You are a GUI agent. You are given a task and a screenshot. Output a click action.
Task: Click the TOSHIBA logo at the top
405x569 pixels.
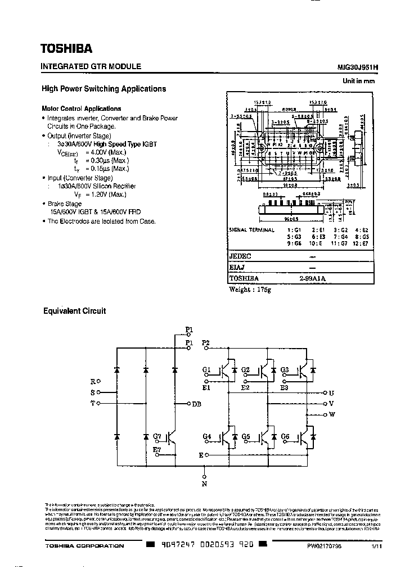coord(65,48)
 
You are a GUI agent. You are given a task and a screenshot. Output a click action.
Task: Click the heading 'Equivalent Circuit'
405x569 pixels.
coord(74,310)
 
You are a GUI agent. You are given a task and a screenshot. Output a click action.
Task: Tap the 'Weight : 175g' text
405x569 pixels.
coord(250,290)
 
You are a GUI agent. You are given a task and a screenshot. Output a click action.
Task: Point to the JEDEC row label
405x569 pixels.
coord(241,255)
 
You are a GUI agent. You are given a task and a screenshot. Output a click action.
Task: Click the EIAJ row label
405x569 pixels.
coord(237,267)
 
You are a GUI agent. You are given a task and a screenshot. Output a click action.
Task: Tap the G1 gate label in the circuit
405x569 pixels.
coord(206,369)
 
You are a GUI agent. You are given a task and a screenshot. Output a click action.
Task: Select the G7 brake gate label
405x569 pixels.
coord(157,436)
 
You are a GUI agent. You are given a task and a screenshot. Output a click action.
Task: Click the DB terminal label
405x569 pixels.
coord(196,404)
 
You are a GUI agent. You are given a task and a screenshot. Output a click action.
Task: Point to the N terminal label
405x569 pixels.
coord(204,483)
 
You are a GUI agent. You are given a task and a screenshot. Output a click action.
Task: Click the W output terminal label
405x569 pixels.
coord(331,415)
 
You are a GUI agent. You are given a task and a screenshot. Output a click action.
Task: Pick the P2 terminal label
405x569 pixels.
coord(206,342)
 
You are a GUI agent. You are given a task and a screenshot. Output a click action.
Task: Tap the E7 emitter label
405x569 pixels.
coord(156,450)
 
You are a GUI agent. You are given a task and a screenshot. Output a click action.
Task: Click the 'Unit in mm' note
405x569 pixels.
coord(359,81)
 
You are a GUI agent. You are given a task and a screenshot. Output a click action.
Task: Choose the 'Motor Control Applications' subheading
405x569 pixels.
coord(81,109)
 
